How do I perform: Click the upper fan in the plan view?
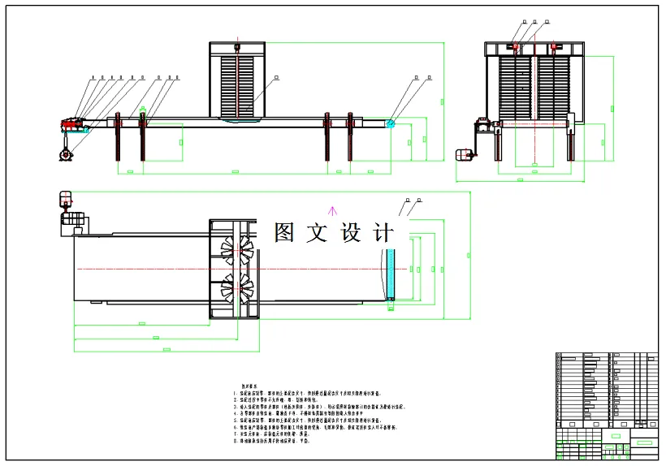[x=237, y=250]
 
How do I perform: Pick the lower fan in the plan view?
[x=237, y=287]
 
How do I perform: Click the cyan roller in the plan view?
[x=390, y=274]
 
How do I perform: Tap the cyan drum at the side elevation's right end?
[x=390, y=123]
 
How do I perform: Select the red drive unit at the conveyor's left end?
[x=71, y=125]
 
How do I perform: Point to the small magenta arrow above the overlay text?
[x=330, y=213]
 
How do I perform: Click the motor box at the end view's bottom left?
[x=465, y=155]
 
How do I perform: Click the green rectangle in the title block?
[x=643, y=442]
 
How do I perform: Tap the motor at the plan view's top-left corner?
[x=65, y=200]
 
